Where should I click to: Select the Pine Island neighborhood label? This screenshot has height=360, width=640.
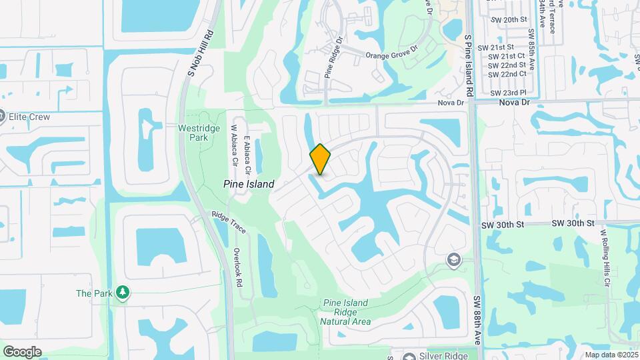(x=249, y=183)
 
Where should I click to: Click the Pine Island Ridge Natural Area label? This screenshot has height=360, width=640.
(x=345, y=312)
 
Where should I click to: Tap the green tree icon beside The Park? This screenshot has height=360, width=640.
(x=122, y=293)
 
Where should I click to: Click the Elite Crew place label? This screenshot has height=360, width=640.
(x=29, y=117)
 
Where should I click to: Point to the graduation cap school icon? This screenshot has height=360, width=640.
(x=454, y=259)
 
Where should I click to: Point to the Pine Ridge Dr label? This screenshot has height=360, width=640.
(x=333, y=58)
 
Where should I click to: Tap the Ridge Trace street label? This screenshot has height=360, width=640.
(x=229, y=223)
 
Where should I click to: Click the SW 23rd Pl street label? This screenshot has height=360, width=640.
(x=508, y=93)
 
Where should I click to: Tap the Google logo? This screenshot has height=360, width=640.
(x=22, y=351)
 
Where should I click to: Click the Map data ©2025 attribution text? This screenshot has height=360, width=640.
(x=611, y=355)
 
